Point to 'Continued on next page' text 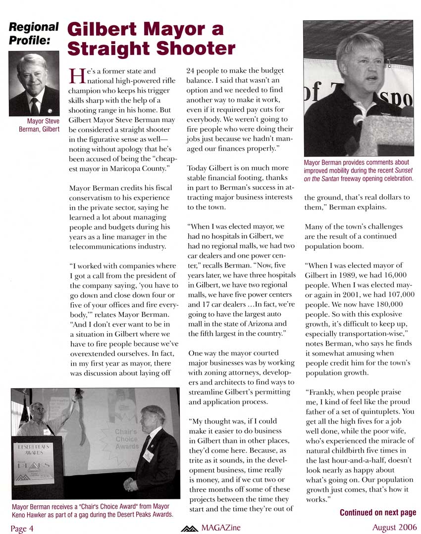click(378, 512)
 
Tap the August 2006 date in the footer click(394, 527)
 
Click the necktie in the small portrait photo click(34, 105)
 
